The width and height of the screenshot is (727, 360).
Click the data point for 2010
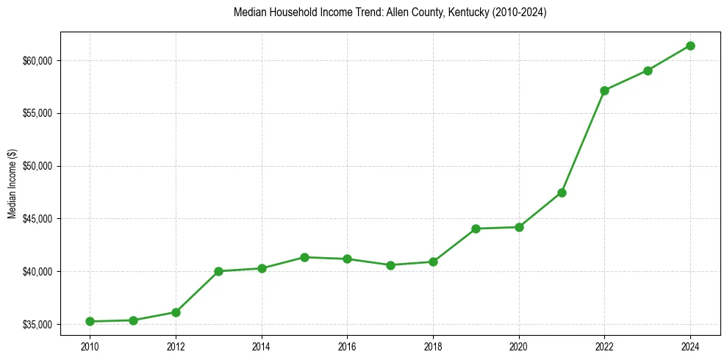click(90, 321)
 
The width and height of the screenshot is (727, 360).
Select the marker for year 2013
click(218, 271)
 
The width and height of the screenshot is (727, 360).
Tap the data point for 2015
click(304, 257)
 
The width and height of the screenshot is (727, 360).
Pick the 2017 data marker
click(390, 265)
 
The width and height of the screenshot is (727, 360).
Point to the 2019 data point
click(476, 228)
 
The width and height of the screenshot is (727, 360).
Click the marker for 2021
click(562, 192)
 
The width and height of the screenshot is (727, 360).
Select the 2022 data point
click(604, 90)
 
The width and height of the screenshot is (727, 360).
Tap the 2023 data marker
click(648, 71)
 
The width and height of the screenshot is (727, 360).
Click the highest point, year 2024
click(690, 46)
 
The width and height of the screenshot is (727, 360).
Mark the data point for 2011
click(133, 320)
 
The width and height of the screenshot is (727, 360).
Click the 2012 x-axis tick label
click(176, 346)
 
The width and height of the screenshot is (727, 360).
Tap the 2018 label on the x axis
click(433, 346)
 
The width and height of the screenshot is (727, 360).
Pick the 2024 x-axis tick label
click(690, 346)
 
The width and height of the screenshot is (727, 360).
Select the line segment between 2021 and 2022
click(583, 142)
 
